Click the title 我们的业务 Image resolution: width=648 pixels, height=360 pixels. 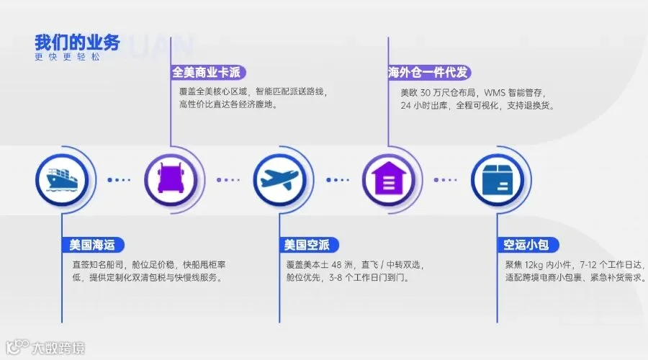click(x=77, y=42)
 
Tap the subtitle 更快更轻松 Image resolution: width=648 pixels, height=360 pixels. click(x=68, y=57)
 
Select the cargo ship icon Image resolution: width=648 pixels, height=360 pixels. click(x=62, y=179)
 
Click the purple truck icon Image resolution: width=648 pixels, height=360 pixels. click(x=171, y=179)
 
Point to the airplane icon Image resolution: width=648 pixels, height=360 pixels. click(x=280, y=179)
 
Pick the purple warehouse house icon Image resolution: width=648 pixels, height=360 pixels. click(x=389, y=179)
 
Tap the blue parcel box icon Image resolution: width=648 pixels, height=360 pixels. click(x=498, y=180)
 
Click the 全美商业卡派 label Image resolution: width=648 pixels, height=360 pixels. click(x=208, y=72)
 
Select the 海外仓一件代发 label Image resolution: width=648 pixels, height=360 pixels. click(x=429, y=72)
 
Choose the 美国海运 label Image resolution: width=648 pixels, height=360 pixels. click(x=93, y=245)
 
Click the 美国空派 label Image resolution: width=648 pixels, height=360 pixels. click(x=308, y=245)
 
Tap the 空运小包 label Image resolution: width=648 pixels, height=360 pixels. click(x=527, y=245)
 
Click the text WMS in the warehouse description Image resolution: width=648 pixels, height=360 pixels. click(x=495, y=93)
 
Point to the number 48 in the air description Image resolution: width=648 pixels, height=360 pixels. click(x=336, y=264)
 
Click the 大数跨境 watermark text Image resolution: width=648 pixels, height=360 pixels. click(x=58, y=348)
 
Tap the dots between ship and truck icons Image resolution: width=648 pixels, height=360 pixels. click(x=119, y=180)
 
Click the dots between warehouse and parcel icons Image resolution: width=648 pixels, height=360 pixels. click(x=446, y=180)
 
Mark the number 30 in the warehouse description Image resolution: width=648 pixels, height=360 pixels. click(x=426, y=93)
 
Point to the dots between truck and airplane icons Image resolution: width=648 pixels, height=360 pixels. click(x=228, y=180)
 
